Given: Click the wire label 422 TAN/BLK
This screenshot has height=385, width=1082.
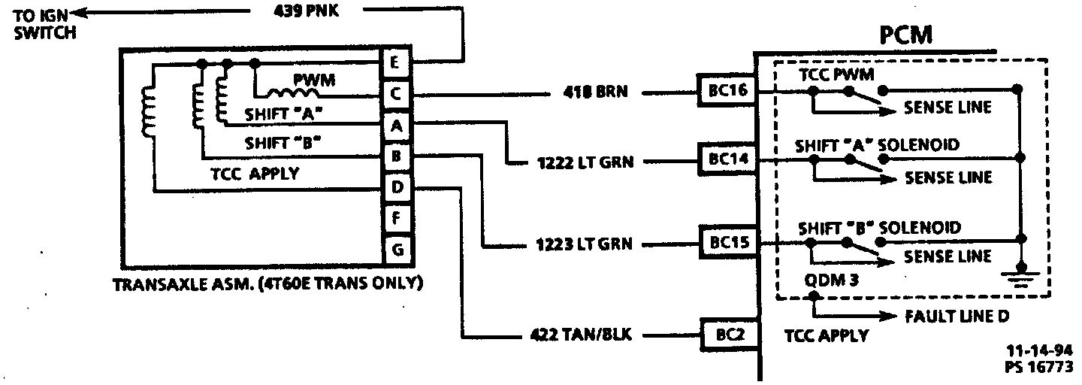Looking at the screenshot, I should pos(576,335).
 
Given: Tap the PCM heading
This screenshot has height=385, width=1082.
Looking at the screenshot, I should pos(907,35).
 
